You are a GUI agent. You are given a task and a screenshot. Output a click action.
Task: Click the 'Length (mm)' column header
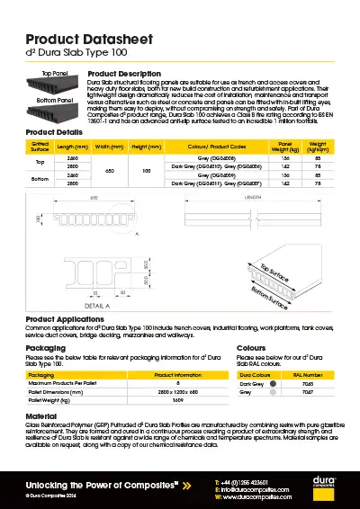coord(73,146)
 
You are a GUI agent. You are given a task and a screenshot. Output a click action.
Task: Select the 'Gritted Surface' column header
coord(40,146)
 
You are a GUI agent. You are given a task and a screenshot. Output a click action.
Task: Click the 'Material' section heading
coord(41,417)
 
